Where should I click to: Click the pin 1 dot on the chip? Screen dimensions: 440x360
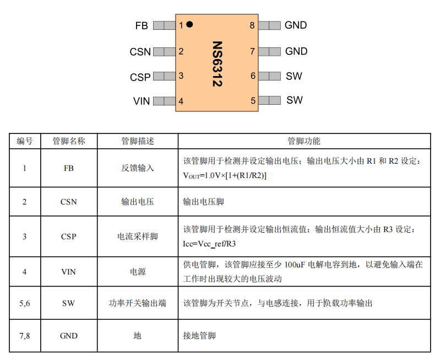click(x=189, y=24)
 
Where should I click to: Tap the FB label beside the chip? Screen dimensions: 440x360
click(x=142, y=25)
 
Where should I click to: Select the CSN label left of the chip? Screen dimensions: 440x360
click(x=140, y=52)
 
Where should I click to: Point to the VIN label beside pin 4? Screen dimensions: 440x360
click(x=142, y=101)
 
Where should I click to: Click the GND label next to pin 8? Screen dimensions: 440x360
click(x=296, y=25)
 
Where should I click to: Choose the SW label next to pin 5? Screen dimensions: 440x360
click(x=295, y=100)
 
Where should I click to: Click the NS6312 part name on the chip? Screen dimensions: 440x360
click(x=217, y=64)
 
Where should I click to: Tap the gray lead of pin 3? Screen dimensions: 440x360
click(x=165, y=76)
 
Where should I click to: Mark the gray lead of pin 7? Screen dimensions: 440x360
click(x=269, y=52)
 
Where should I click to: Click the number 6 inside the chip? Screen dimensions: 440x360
click(x=253, y=76)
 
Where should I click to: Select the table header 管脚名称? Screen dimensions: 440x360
click(x=69, y=141)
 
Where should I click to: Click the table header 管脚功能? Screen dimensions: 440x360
click(x=304, y=141)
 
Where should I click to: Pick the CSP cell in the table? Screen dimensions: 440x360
click(x=69, y=237)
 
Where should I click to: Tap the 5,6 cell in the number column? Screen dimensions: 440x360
click(x=25, y=303)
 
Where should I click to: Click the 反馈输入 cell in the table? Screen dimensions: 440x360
click(x=138, y=168)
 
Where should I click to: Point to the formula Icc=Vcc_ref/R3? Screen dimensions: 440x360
click(x=209, y=244)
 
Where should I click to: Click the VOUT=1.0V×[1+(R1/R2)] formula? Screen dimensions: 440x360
click(x=225, y=176)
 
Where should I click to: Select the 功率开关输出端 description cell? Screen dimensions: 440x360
click(x=138, y=303)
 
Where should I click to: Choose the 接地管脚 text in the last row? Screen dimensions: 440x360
click(x=199, y=336)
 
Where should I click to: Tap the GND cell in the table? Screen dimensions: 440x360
click(x=69, y=336)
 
